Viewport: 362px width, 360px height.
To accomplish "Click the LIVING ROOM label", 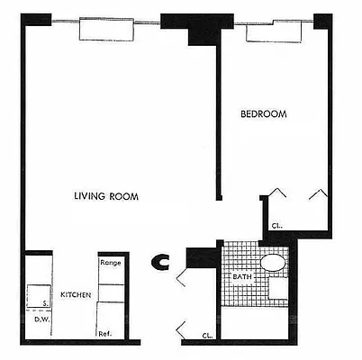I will [x=106, y=195].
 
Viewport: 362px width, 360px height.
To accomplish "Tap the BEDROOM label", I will [x=264, y=114].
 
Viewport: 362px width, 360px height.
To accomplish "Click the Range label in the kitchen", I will [x=110, y=263].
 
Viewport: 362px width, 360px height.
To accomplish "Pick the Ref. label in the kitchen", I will [x=104, y=334].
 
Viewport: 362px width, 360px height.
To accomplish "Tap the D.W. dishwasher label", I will [x=41, y=319].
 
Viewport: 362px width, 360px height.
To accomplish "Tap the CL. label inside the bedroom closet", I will [x=276, y=227].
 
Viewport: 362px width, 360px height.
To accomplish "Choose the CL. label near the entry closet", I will [x=207, y=335].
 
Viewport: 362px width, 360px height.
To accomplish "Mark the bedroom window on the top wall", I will [x=274, y=28].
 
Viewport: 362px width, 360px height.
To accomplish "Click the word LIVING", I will [x=89, y=195].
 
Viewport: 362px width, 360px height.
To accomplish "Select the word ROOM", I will [x=125, y=195].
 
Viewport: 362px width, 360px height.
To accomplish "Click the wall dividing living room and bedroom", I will [x=218, y=126].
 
